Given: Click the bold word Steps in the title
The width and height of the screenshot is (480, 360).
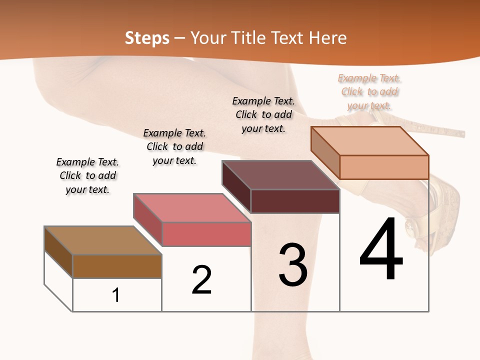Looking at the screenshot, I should [x=147, y=38].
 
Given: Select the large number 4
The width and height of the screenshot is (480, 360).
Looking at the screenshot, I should [x=381, y=250].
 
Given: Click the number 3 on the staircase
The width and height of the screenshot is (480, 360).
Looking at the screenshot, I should [x=293, y=265].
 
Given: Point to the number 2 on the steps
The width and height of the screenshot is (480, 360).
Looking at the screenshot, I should [x=201, y=280].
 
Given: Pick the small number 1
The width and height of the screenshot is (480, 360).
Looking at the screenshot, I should [x=116, y=295].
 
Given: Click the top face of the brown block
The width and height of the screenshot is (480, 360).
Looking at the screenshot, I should [x=102, y=240].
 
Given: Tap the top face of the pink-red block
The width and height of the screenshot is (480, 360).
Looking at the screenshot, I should [x=191, y=208].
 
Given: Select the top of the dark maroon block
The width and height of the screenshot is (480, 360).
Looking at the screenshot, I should [x=280, y=175].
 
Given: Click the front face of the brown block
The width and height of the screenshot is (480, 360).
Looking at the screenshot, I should [x=117, y=266].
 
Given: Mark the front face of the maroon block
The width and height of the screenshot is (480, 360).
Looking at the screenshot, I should [x=295, y=201].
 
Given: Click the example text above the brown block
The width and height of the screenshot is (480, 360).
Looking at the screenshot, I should [x=87, y=175].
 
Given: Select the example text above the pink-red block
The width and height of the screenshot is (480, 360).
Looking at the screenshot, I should [x=174, y=146].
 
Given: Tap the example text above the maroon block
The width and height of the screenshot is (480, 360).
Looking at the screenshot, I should [x=263, y=114].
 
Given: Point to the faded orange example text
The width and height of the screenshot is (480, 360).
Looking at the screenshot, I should [x=369, y=91].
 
